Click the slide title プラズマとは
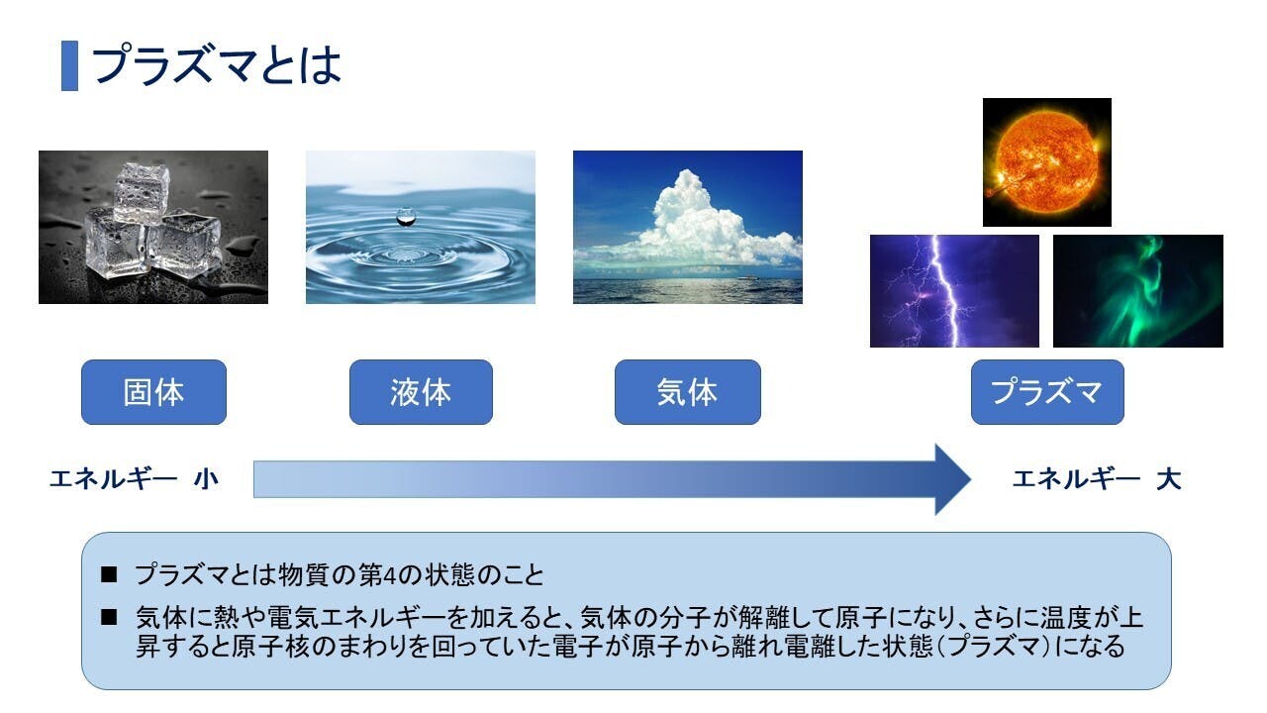click(x=218, y=65)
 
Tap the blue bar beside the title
click(x=69, y=65)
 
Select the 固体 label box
click(x=153, y=392)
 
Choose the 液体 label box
click(x=421, y=392)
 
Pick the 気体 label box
click(x=688, y=392)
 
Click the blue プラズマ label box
click(x=1047, y=392)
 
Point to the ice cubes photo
click(x=153, y=227)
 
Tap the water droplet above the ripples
click(x=406, y=217)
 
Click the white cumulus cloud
click(x=702, y=224)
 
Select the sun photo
click(x=1047, y=162)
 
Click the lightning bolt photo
click(x=955, y=291)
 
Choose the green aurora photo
click(x=1138, y=291)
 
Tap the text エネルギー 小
click(x=134, y=479)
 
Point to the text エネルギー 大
click(x=1096, y=479)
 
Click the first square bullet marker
click(x=109, y=574)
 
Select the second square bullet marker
click(x=109, y=617)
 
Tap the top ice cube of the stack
click(x=142, y=192)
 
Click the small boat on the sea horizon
click(x=747, y=277)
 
